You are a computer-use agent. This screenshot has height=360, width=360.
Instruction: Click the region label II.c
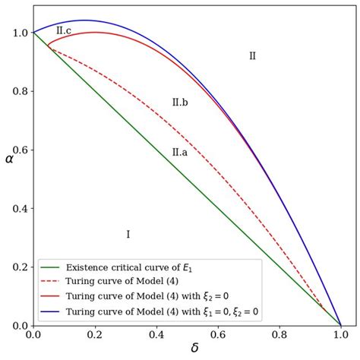(x=64, y=30)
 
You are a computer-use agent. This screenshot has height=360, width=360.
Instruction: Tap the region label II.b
(x=180, y=102)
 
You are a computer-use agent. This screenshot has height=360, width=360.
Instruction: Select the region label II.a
(x=180, y=152)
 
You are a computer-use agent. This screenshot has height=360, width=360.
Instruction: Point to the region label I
(x=128, y=234)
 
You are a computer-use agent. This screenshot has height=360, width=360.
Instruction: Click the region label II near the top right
(x=253, y=55)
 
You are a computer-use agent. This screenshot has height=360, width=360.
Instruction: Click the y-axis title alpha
(x=10, y=179)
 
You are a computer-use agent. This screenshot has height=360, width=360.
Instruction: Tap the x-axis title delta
(x=194, y=348)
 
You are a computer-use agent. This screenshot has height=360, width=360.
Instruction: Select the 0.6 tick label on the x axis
(x=218, y=335)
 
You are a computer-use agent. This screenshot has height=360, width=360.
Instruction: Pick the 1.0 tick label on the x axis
(x=341, y=335)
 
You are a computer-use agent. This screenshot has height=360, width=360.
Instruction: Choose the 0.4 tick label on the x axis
(x=156, y=335)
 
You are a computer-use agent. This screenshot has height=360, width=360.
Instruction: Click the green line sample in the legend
(x=51, y=267)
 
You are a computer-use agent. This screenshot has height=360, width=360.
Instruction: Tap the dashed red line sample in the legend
(x=51, y=282)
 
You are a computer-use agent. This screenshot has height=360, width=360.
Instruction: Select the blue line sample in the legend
(x=51, y=311)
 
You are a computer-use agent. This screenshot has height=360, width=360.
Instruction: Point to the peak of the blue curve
(x=84, y=20)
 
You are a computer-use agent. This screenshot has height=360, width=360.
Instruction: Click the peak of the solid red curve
(x=94, y=32)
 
